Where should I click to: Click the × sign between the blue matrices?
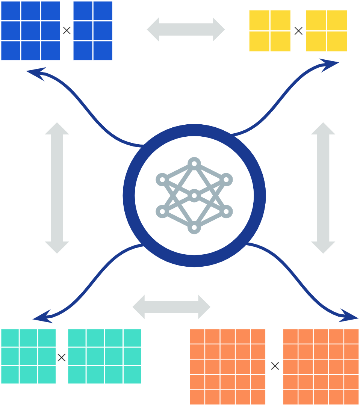tap(67, 31)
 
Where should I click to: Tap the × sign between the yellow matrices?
tap(298, 31)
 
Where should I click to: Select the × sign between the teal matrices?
tap(62, 358)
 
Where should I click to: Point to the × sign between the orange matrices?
tap(275, 366)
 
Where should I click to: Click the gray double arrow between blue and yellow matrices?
tap(186, 29)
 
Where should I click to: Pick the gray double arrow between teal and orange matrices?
tap(171, 307)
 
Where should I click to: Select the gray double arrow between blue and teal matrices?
tap(57, 188)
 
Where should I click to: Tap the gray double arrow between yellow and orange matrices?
tap(323, 188)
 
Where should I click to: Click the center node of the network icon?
tap(194, 196)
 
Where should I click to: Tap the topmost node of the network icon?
tap(194, 164)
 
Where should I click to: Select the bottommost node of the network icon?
tap(194, 227)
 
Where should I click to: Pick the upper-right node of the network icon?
tap(226, 180)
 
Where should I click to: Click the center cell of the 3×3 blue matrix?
tap(31, 31)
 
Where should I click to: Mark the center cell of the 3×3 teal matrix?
tap(29, 356)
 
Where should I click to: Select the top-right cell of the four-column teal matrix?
tap(132, 338)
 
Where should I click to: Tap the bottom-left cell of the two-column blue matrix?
tap(83, 51)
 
